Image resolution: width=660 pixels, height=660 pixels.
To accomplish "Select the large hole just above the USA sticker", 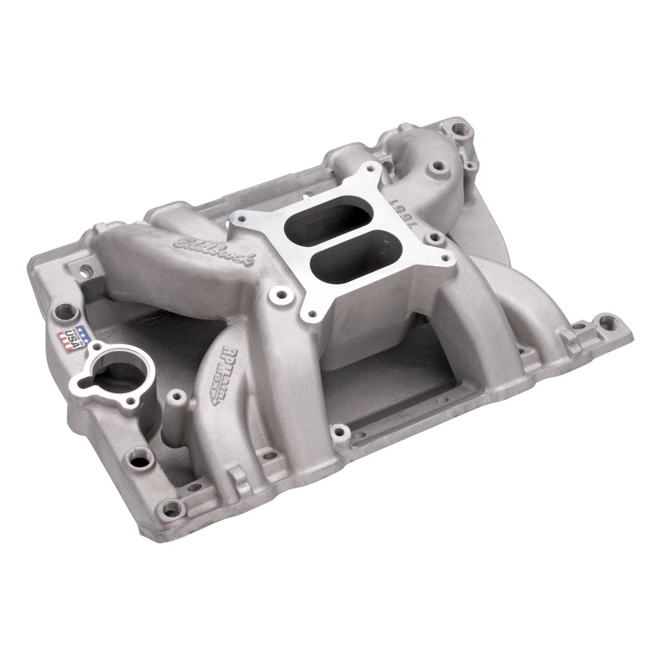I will click(64, 310).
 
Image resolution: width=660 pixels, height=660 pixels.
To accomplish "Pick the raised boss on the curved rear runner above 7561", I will click(434, 165).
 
